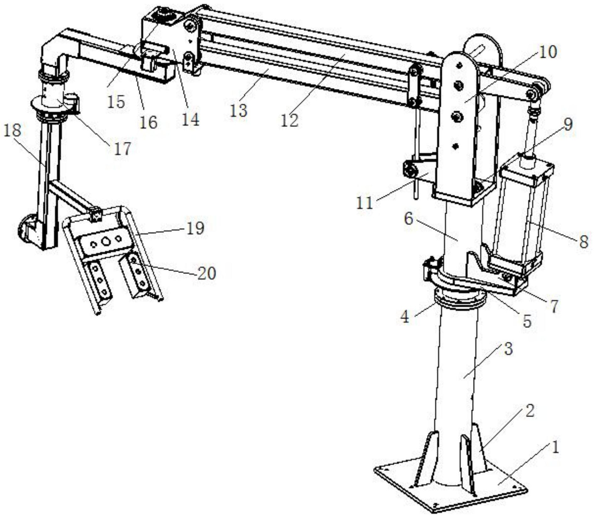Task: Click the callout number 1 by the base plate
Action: [x=555, y=447]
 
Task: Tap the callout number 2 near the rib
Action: [x=529, y=411]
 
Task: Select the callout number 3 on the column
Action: [x=508, y=348]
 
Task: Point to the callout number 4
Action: [x=405, y=317]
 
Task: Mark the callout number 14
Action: [x=190, y=119]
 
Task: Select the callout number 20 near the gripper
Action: [x=207, y=273]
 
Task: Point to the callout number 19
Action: [x=195, y=228]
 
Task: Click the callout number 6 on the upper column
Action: [x=408, y=218]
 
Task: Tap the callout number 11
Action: [x=365, y=203]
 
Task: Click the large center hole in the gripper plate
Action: [x=107, y=241]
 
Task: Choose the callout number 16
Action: [x=148, y=122]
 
